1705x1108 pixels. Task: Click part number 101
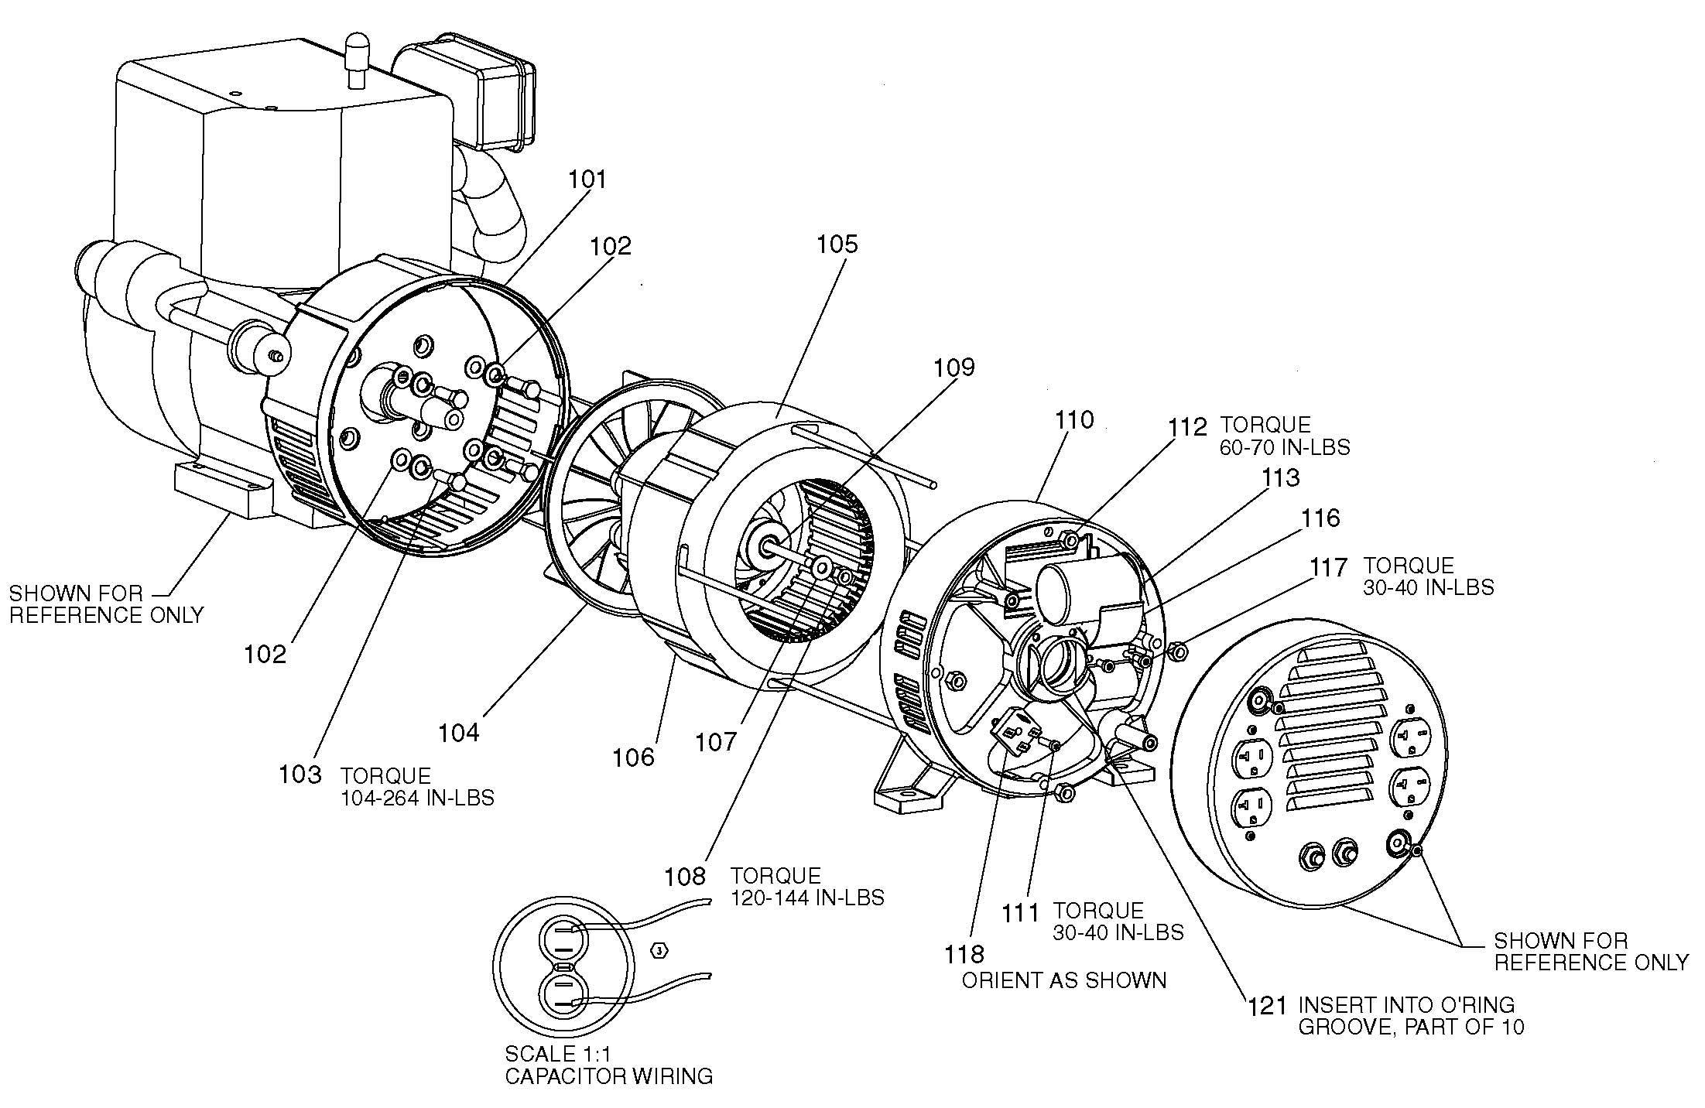point(587,180)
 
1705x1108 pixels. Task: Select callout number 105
point(837,245)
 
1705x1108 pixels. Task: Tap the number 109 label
point(953,367)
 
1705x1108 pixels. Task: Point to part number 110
point(1074,420)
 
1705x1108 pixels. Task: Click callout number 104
point(459,732)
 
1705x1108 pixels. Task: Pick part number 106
point(633,757)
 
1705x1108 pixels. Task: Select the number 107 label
point(716,743)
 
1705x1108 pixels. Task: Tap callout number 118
point(964,954)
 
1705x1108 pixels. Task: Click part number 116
point(1320,518)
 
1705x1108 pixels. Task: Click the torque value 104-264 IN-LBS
point(417,798)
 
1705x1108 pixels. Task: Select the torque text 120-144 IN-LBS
point(807,898)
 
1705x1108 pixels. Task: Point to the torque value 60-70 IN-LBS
point(1285,447)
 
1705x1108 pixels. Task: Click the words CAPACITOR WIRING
point(608,1076)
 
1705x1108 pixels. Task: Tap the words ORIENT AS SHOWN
point(1063,980)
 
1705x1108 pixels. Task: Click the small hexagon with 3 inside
point(659,949)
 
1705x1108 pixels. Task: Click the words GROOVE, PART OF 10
point(1411,1027)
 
